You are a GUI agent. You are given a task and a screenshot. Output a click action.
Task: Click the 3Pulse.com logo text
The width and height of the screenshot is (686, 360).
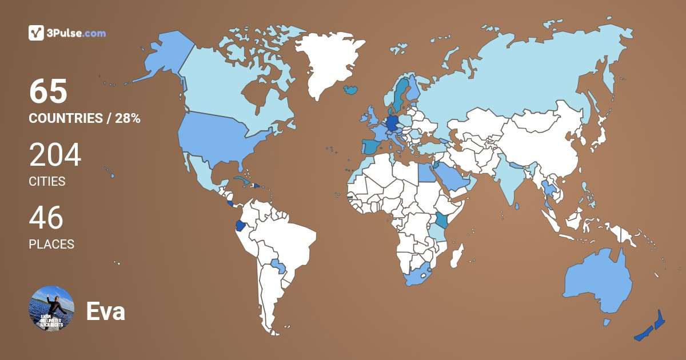point(77,33)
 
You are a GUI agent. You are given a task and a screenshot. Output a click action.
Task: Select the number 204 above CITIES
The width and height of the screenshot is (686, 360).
point(55,155)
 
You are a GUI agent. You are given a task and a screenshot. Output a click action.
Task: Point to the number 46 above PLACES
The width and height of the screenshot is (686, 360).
point(46,218)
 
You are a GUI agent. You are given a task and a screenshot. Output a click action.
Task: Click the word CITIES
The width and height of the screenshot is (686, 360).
point(47,182)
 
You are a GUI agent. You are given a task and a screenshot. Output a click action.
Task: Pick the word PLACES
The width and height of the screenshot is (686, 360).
point(51,244)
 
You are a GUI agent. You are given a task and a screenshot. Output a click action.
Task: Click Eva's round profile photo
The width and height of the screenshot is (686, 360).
point(51,309)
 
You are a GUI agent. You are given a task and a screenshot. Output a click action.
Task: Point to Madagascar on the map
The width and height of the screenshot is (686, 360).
point(456,255)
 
